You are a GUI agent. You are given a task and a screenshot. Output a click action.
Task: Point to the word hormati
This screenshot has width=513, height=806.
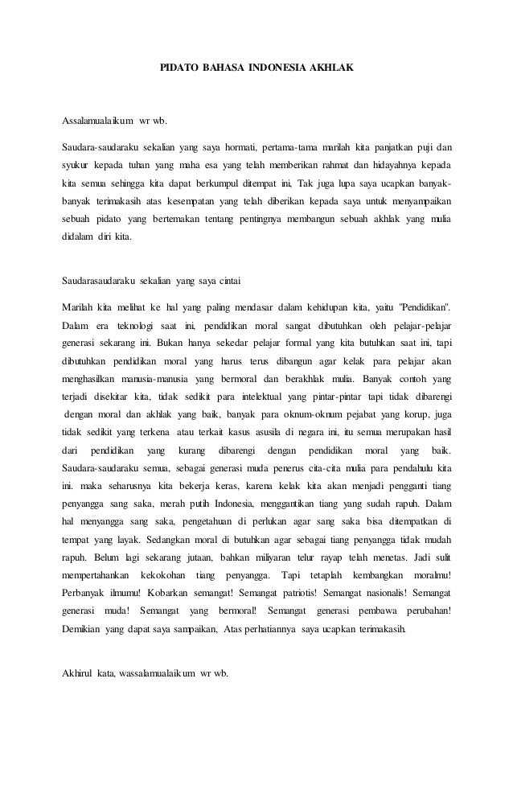(243, 147)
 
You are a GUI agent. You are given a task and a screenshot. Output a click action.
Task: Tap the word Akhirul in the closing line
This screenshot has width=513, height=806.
(79, 672)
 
